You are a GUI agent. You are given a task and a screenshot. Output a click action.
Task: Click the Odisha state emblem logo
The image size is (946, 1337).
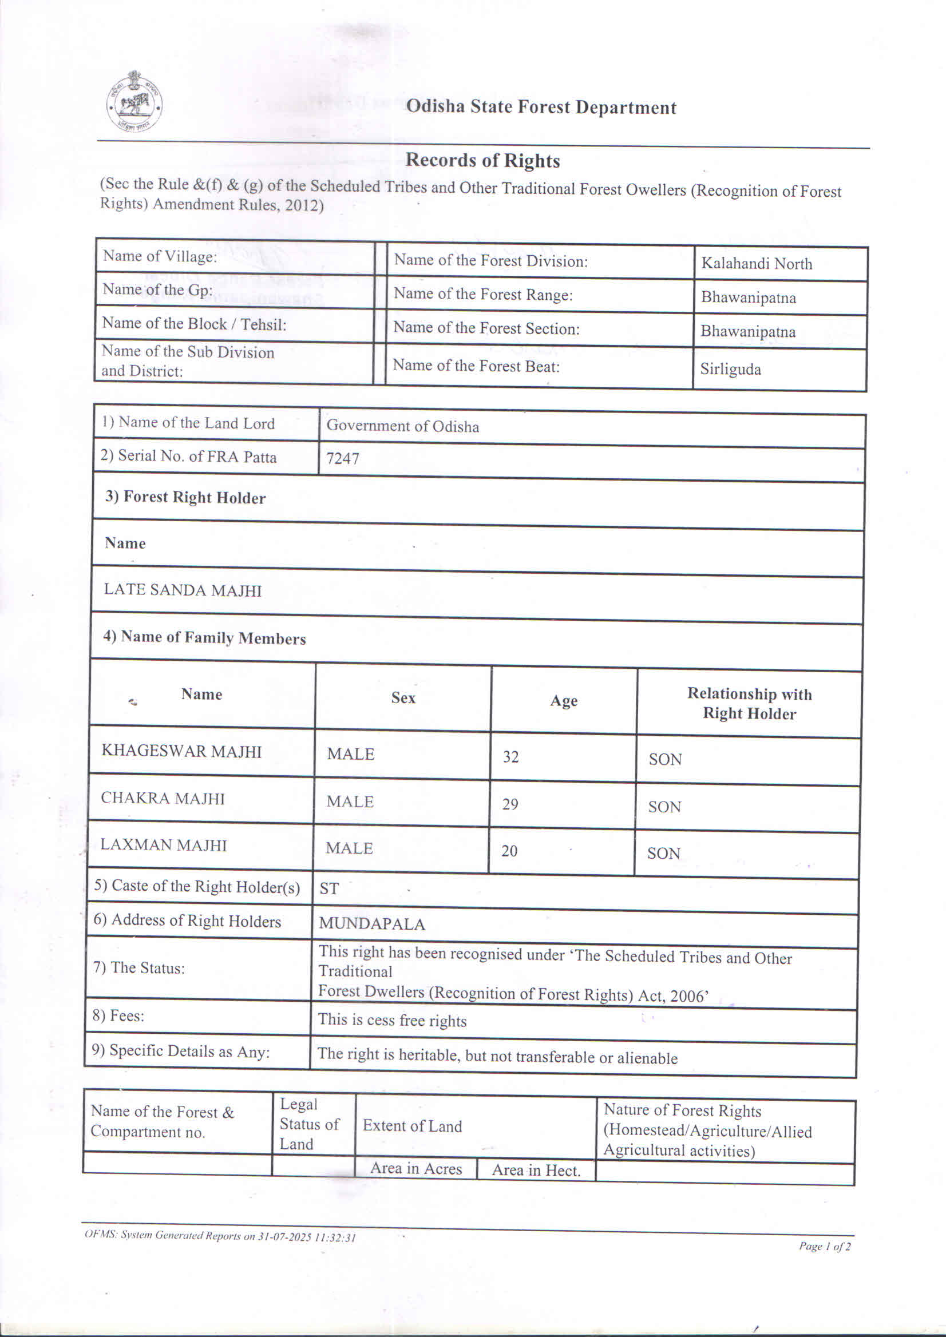(134, 102)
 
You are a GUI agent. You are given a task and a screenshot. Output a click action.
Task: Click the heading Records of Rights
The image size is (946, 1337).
(482, 160)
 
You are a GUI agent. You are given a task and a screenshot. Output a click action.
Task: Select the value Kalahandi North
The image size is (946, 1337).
(756, 264)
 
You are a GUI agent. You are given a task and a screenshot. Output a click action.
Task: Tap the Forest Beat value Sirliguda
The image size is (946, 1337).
(730, 369)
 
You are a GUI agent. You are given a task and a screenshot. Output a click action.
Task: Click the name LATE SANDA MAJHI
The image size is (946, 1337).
(183, 590)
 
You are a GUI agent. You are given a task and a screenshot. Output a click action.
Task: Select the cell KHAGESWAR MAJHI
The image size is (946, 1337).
(181, 751)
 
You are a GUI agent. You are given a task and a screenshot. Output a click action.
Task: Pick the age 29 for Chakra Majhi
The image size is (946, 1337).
(510, 804)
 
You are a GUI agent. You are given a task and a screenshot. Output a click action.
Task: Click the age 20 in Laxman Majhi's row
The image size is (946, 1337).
(510, 851)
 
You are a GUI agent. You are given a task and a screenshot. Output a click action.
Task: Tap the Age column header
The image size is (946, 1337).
(563, 700)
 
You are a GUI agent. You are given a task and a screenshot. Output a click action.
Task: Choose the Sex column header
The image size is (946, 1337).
(403, 697)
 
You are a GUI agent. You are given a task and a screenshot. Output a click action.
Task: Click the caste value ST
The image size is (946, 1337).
(328, 888)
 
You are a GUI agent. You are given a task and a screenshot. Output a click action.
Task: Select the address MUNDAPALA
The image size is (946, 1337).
(371, 924)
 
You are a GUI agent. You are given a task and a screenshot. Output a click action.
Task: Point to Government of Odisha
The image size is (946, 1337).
(402, 426)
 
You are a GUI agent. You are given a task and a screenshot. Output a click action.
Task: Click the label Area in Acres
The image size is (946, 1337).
(416, 1168)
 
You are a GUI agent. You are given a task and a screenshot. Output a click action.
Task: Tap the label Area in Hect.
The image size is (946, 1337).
(536, 1171)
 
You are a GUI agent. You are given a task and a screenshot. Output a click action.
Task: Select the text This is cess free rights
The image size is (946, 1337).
(392, 1020)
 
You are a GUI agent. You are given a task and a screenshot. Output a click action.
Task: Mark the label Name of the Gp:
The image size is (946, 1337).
(157, 290)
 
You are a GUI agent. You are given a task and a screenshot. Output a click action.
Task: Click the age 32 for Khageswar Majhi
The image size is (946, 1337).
(511, 757)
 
